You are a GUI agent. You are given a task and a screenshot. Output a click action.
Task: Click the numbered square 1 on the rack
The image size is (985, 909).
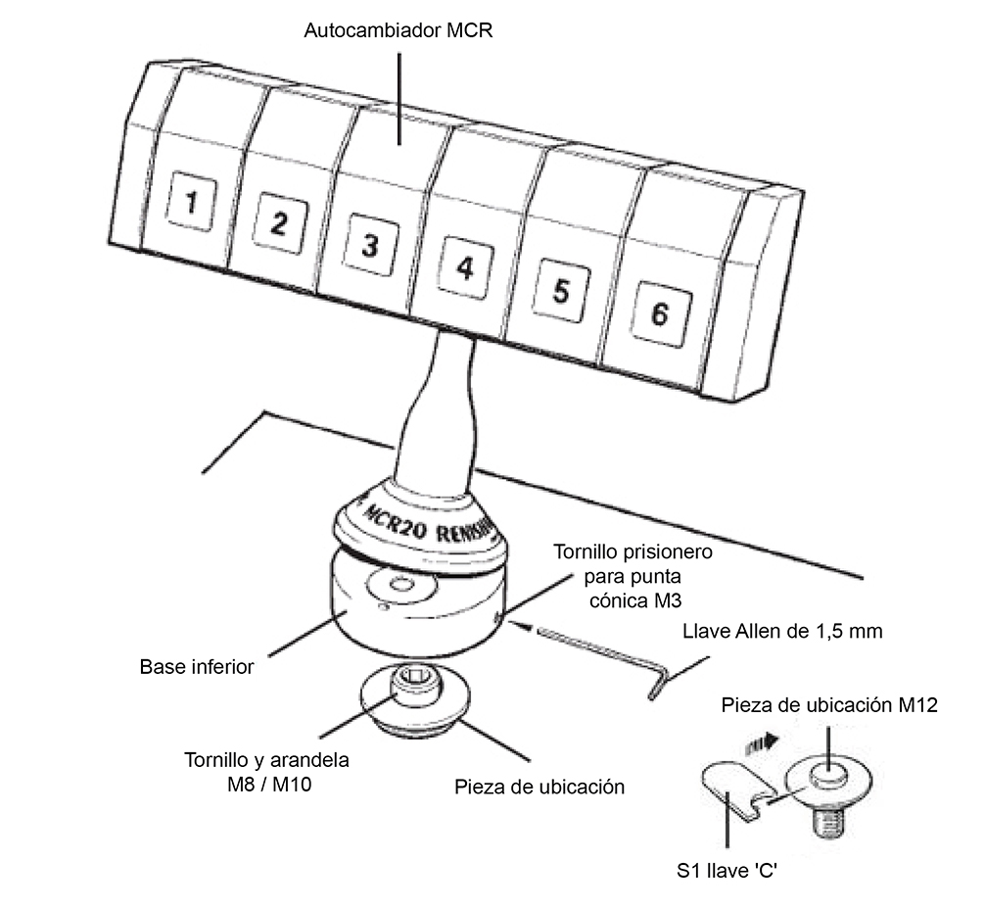coord(192,203)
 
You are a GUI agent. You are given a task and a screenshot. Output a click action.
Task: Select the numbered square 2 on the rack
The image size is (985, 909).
coord(278,224)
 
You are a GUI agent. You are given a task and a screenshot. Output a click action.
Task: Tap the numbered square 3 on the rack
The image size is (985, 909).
coord(368,245)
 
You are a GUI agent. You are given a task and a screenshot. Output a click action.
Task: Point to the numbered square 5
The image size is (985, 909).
coord(559,291)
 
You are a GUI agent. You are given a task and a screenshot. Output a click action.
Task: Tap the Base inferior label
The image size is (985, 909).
coord(197,668)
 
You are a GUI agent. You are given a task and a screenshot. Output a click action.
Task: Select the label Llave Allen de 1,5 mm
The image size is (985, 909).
coord(782,632)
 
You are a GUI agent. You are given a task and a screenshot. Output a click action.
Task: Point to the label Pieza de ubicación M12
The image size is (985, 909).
coord(830,705)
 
